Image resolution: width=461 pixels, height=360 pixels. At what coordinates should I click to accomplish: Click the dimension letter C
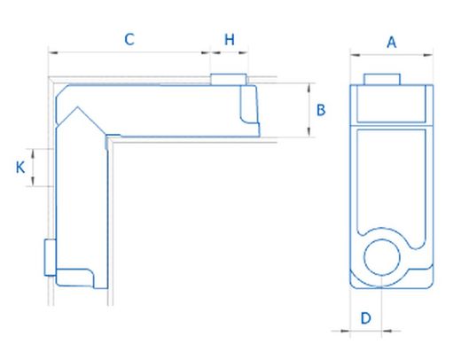click(x=129, y=39)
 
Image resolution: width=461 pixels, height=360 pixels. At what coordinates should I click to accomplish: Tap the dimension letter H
click(x=230, y=39)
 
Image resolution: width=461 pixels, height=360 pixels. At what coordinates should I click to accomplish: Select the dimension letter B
click(x=322, y=110)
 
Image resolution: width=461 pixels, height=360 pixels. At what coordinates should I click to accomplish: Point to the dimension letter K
click(x=20, y=167)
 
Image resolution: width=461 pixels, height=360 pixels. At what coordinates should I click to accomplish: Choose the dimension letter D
click(x=364, y=317)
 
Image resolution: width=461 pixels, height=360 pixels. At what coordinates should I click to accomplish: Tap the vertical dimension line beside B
click(x=309, y=111)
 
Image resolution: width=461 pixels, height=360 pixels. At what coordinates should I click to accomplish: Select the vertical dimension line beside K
click(x=33, y=167)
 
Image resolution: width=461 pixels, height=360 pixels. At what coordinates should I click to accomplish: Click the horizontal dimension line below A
click(x=391, y=54)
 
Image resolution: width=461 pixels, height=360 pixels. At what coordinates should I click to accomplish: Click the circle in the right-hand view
click(x=384, y=257)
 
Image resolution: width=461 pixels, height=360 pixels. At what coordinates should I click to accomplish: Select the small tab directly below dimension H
click(x=228, y=80)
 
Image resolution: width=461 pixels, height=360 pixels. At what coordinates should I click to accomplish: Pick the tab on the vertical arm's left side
click(x=51, y=256)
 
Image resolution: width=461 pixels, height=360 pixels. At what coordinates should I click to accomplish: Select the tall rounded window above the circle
click(x=391, y=177)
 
